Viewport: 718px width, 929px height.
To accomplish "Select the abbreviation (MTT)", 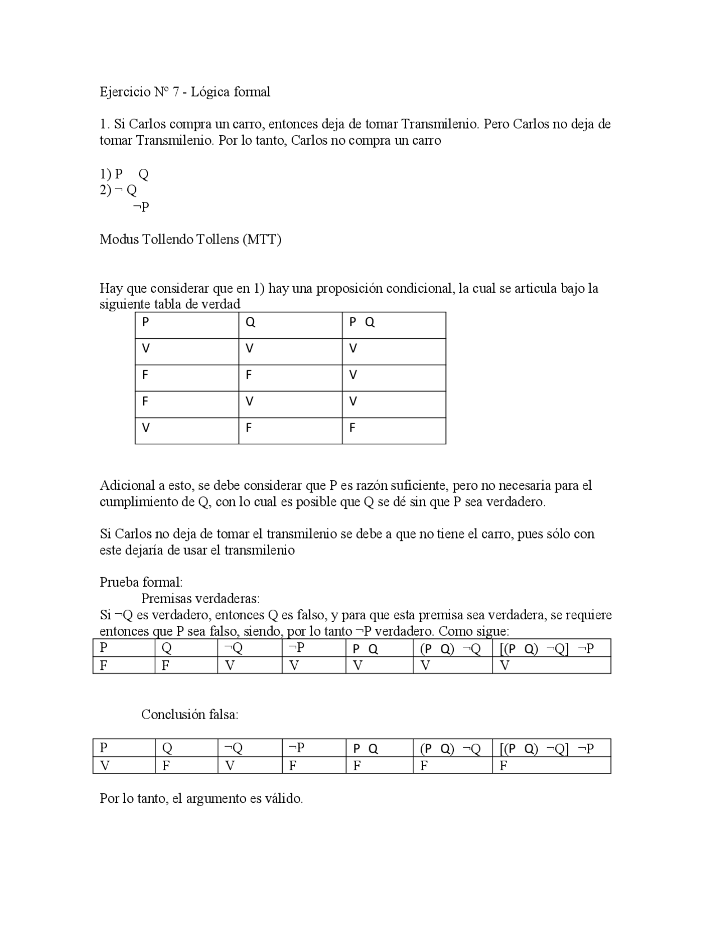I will point(262,240).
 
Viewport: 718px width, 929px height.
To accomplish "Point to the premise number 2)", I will point(106,190).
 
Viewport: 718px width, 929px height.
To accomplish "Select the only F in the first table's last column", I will point(352,428).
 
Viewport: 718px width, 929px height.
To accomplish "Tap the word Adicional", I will point(127,485).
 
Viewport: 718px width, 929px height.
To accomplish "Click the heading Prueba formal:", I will point(141,582).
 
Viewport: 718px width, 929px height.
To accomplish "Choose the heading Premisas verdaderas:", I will point(200,599).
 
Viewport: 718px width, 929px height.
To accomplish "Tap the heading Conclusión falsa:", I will point(190,715).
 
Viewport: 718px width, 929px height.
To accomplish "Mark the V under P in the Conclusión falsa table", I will point(104,765).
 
